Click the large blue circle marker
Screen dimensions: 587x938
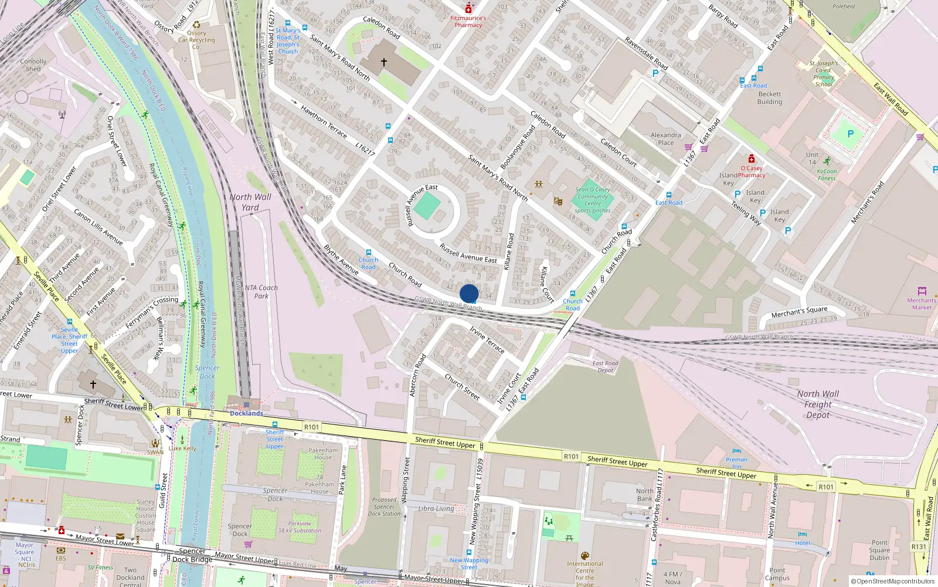tap(469, 293)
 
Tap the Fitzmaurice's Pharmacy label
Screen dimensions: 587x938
tap(468, 22)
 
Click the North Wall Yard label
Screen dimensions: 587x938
tap(250, 202)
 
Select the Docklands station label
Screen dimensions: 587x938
tap(246, 413)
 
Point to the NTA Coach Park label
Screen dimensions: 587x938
tap(261, 292)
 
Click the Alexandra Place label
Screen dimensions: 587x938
tap(665, 139)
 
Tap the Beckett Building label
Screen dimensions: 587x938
tap(769, 97)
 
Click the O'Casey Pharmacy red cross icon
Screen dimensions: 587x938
tap(752, 159)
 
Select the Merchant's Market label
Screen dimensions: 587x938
tap(922, 303)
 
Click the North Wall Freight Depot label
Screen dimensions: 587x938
tap(817, 404)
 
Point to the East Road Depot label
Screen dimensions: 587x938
tap(605, 367)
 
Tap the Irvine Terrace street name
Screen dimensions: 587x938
tap(487, 340)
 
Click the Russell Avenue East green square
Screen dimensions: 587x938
tap(427, 206)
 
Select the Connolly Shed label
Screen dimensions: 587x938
tap(33, 65)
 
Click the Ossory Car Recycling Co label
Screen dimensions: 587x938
tap(196, 40)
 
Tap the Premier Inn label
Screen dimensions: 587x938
tap(736, 463)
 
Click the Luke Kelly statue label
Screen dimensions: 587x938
tap(182, 448)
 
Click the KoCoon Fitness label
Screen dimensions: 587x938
tap(827, 174)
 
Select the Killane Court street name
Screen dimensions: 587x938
tap(546, 285)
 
